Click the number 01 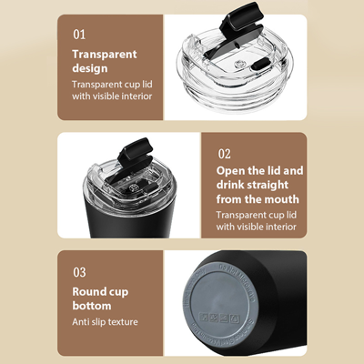click(79, 34)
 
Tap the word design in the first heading click(91, 67)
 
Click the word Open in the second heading click(232, 170)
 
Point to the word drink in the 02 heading click(231, 185)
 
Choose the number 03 click(79, 271)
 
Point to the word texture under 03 click(118, 321)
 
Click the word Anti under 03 click(82, 321)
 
